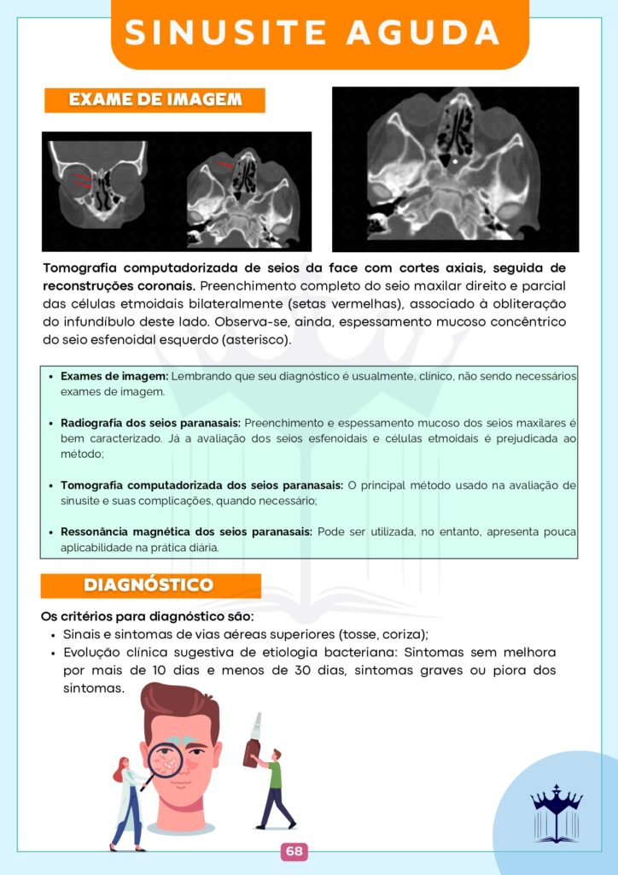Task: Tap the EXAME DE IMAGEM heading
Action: pyautogui.click(x=154, y=100)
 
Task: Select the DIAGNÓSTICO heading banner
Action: pyautogui.click(x=149, y=585)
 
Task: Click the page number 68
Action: pyautogui.click(x=294, y=851)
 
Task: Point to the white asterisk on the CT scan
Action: pyautogui.click(x=455, y=161)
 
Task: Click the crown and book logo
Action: pyautogui.click(x=556, y=813)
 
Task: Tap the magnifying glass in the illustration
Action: pyautogui.click(x=166, y=760)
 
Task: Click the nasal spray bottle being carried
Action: pyautogui.click(x=252, y=741)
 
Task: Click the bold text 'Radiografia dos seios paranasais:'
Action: pyautogui.click(x=151, y=423)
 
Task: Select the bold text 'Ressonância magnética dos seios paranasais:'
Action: pyautogui.click(x=187, y=531)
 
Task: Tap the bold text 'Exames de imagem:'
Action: pyautogui.click(x=114, y=377)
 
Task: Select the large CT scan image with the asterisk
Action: pyautogui.click(x=455, y=168)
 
